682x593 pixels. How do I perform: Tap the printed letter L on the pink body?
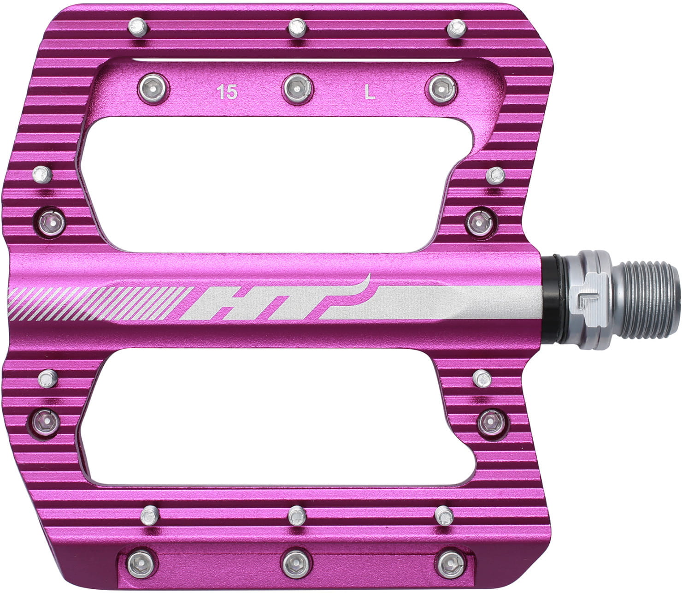[x=370, y=93]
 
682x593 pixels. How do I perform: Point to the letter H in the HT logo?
[x=217, y=304]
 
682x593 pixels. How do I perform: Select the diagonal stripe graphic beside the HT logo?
[x=97, y=303]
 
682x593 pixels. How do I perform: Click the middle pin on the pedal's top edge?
[x=297, y=28]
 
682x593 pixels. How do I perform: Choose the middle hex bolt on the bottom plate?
[x=295, y=563]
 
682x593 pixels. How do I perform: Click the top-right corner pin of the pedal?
[x=456, y=28]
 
